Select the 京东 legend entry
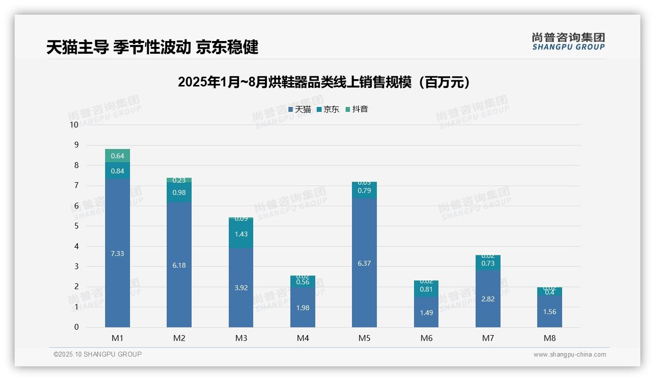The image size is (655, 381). (328, 109)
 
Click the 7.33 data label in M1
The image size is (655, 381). (117, 254)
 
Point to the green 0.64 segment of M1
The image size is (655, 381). (117, 156)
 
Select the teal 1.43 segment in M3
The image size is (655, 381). (241, 234)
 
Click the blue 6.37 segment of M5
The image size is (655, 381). (364, 263)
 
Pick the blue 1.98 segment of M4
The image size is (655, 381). (303, 308)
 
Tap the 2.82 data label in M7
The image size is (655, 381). (488, 299)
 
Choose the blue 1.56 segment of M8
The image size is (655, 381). (549, 312)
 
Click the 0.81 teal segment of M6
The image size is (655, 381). (426, 289)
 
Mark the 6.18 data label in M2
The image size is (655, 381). (179, 265)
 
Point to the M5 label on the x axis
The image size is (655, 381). (364, 338)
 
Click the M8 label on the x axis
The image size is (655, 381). (549, 338)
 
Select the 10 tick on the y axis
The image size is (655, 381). (74, 125)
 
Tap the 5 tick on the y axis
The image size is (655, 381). (76, 226)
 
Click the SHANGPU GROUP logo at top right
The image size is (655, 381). (568, 42)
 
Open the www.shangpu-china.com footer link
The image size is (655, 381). (569, 355)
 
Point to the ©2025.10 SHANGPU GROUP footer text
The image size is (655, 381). (98, 355)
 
